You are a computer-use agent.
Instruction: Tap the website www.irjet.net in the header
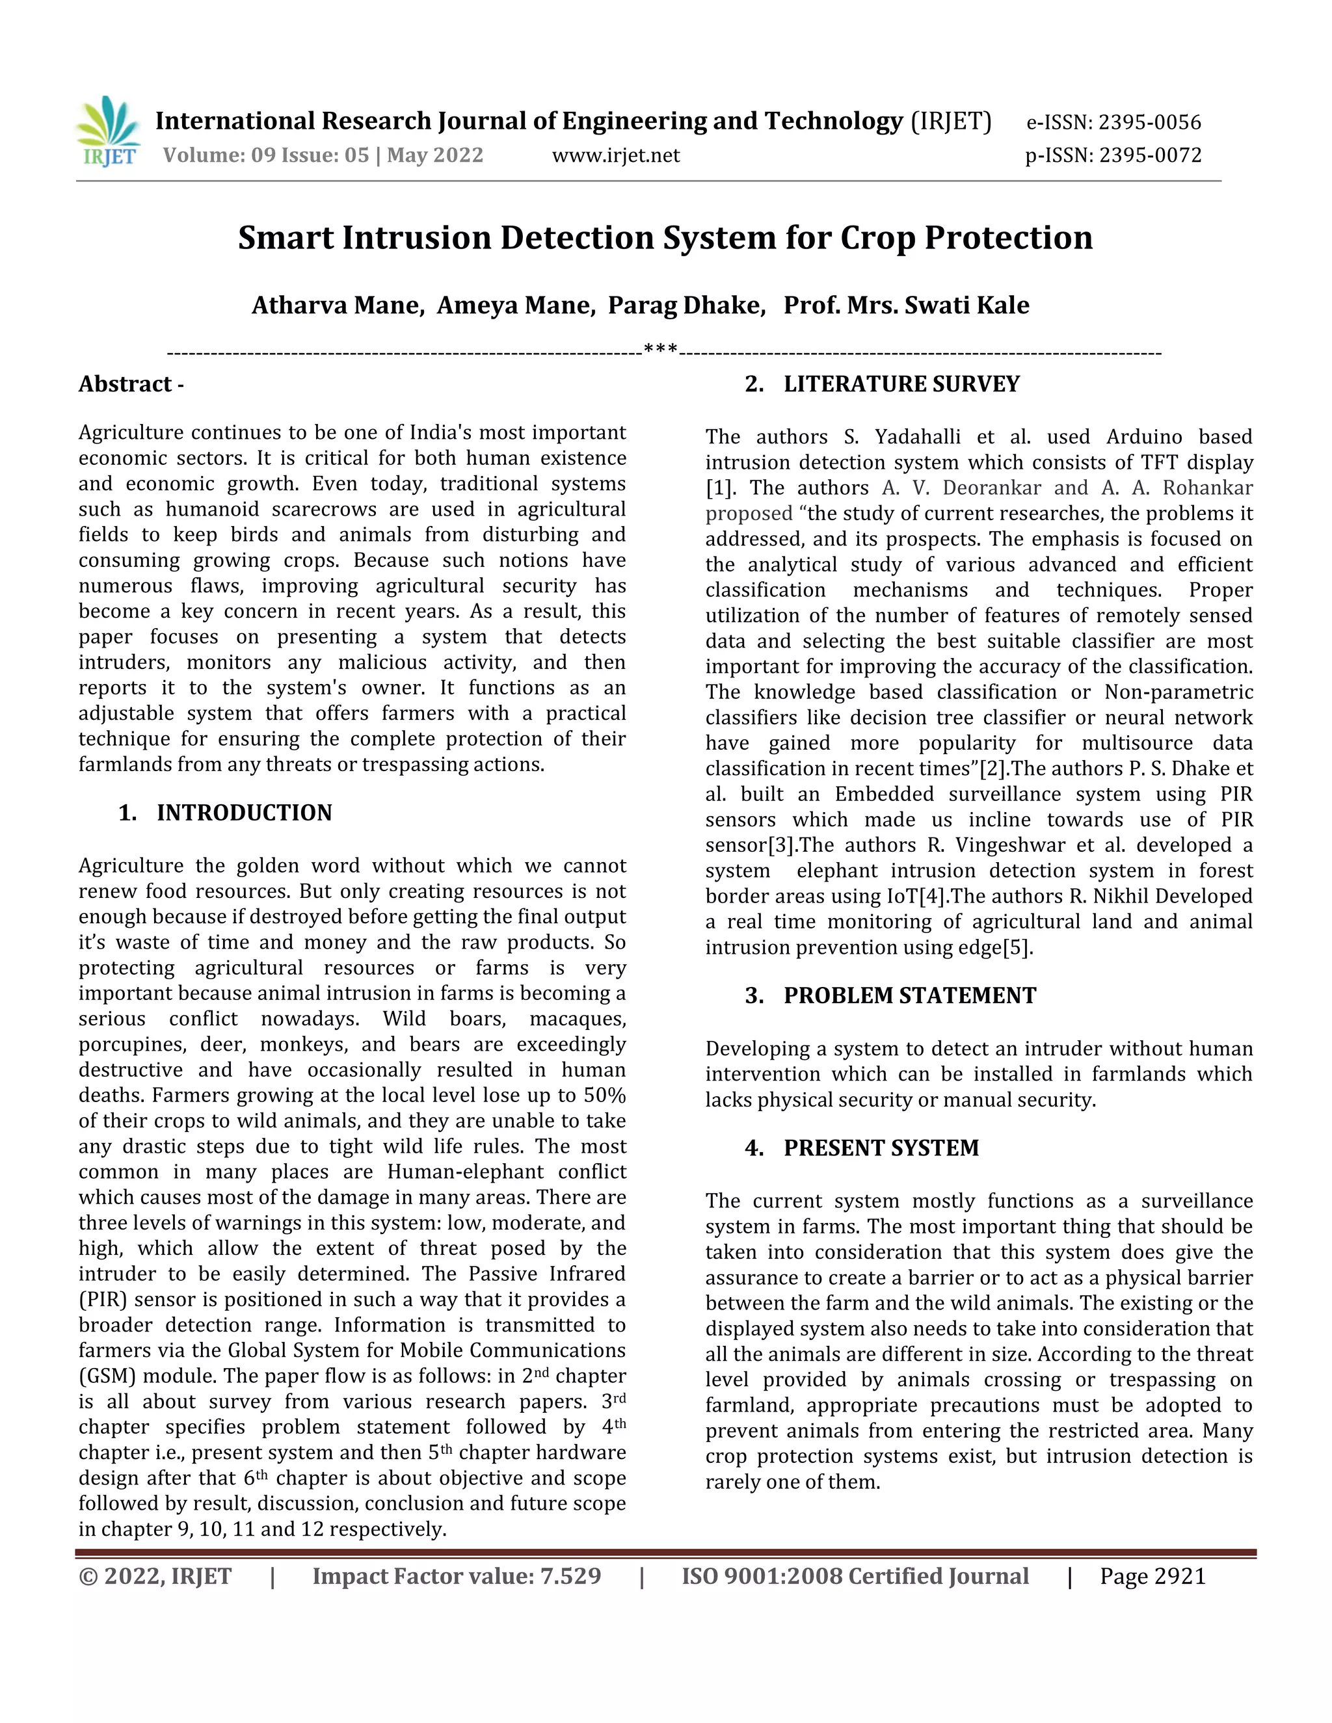pyautogui.click(x=615, y=155)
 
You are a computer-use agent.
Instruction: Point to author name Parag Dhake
pyautogui.click(x=686, y=306)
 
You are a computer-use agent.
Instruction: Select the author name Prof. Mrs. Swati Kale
pyautogui.click(x=906, y=306)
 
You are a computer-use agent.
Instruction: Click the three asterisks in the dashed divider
pyautogui.click(x=661, y=349)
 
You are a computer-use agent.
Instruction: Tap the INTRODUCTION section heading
pyautogui.click(x=244, y=813)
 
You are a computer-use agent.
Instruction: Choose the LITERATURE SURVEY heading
pyautogui.click(x=901, y=384)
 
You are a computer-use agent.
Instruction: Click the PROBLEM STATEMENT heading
pyautogui.click(x=909, y=995)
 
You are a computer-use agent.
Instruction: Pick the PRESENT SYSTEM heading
pyautogui.click(x=881, y=1148)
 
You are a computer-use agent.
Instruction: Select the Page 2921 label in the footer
pyautogui.click(x=1152, y=1576)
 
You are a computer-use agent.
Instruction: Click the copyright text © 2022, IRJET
pyautogui.click(x=155, y=1576)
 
